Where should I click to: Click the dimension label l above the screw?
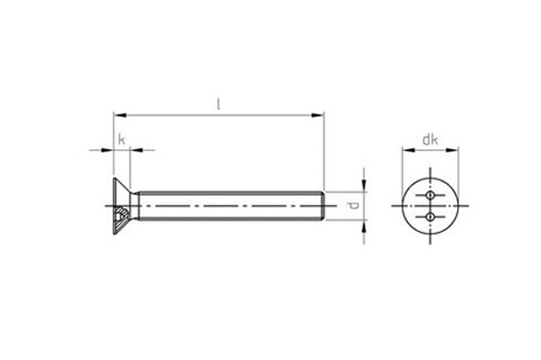(x=218, y=104)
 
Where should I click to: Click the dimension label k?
(x=121, y=140)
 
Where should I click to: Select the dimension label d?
(x=354, y=206)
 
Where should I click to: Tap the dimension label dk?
(x=430, y=140)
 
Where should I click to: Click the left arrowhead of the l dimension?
(x=119, y=115)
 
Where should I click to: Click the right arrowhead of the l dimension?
(x=318, y=115)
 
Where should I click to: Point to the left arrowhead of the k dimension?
(x=108, y=150)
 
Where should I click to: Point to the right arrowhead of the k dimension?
(x=136, y=150)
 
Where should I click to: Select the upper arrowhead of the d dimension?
(x=364, y=186)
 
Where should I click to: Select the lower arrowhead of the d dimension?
(x=364, y=226)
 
